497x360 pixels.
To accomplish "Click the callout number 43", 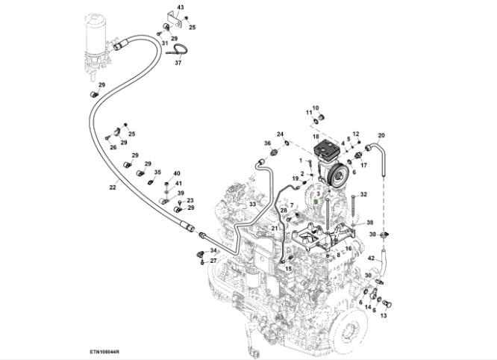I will click(180, 7).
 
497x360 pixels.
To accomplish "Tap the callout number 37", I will click(178, 63).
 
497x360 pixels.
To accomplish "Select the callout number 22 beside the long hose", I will click(113, 187).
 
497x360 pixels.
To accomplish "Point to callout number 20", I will click(381, 136).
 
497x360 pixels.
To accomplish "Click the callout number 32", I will click(364, 194).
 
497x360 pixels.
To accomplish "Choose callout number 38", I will click(369, 223).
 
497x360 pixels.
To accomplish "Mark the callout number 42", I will click(371, 258).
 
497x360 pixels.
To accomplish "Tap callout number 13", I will click(384, 316).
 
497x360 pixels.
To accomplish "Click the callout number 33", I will click(252, 204).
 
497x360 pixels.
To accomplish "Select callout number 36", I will click(266, 143).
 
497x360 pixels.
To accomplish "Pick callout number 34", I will click(213, 250).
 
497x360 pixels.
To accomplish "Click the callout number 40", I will click(177, 173).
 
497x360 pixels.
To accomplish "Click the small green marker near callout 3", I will click(316, 202).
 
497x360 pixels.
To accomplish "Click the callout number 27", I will click(213, 261).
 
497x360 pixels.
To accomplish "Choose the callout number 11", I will click(308, 112).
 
